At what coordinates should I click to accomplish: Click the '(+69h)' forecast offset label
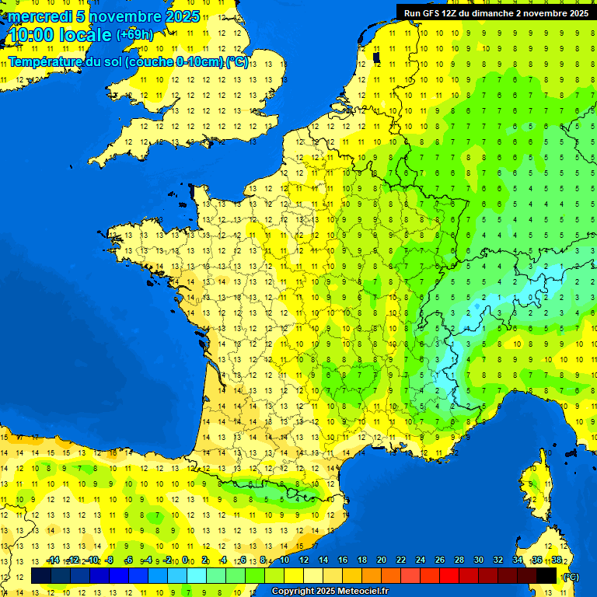click(x=134, y=34)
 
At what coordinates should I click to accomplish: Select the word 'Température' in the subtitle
click(x=46, y=62)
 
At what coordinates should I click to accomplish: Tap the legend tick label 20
click(x=381, y=560)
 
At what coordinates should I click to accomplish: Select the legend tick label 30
click(x=478, y=560)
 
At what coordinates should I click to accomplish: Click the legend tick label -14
click(x=53, y=560)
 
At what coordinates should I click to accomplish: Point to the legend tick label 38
click(x=556, y=560)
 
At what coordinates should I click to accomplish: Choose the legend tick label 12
click(x=303, y=560)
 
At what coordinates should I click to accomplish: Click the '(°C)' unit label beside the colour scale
click(x=570, y=577)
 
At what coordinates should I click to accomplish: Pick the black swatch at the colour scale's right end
click(x=546, y=575)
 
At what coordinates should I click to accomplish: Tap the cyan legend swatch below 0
click(x=197, y=575)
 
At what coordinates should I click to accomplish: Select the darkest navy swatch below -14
click(x=41, y=575)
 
